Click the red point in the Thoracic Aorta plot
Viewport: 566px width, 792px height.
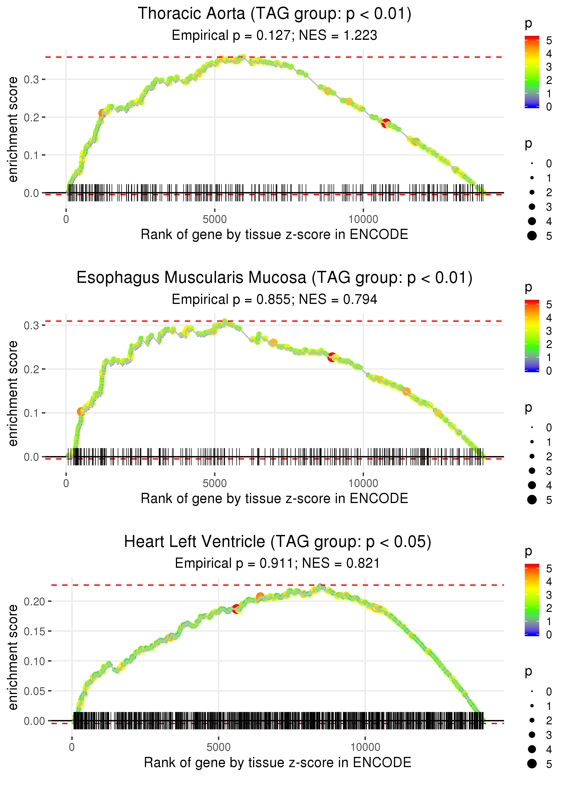(x=386, y=123)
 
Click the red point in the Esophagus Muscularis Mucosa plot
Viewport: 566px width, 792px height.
(x=332, y=357)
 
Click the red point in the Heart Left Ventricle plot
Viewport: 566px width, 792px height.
(x=236, y=609)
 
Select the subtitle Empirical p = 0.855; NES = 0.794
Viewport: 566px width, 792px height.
(x=274, y=299)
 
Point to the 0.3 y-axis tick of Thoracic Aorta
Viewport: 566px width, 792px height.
(x=31, y=79)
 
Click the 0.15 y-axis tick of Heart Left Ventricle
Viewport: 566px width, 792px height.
(x=34, y=631)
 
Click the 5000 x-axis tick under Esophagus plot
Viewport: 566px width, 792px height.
(x=214, y=483)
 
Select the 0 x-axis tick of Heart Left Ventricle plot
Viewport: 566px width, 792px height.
(x=72, y=747)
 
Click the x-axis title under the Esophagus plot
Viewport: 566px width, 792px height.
(x=274, y=499)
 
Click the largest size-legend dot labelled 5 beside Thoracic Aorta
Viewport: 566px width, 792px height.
(x=532, y=236)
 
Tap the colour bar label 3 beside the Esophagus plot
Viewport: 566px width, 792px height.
(x=549, y=331)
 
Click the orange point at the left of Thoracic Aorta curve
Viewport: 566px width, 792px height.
(x=102, y=113)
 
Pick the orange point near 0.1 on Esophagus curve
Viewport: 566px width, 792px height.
(x=81, y=412)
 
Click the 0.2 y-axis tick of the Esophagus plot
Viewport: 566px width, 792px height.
(x=31, y=369)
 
